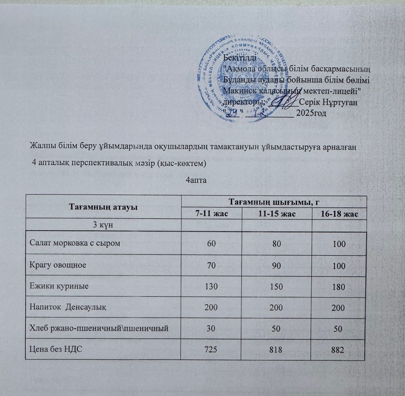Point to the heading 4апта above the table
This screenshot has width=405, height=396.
[196, 180]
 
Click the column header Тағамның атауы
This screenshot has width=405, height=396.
[103, 207]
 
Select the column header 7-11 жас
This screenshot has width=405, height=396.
[212, 214]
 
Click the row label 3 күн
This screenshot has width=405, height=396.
[103, 225]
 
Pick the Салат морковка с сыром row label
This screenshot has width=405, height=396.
[75, 243]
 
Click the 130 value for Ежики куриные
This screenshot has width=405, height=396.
[211, 286]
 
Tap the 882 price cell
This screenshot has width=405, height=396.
[337, 350]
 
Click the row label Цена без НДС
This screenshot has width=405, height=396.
[56, 349]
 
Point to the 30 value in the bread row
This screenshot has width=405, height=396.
[211, 328]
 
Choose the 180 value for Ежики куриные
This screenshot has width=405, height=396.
[338, 287]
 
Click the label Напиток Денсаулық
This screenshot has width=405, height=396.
[68, 307]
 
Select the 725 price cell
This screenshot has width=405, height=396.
[211, 349]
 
